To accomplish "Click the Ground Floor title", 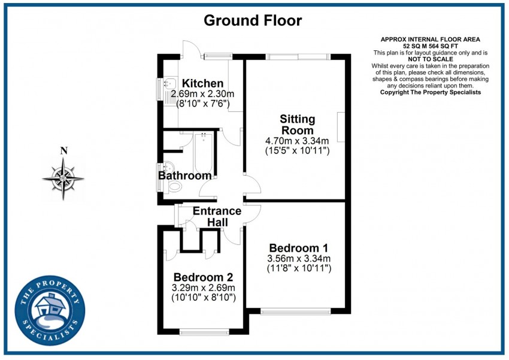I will pyautogui.click(x=253, y=20).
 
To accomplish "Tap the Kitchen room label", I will pyautogui.click(x=202, y=83).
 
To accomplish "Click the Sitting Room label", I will pyautogui.click(x=297, y=125).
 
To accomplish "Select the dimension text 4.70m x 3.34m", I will pyautogui.click(x=297, y=141).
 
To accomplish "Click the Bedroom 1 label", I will pyautogui.click(x=298, y=248).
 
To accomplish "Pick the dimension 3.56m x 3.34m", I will pyautogui.click(x=298, y=259).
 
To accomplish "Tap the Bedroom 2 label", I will pyautogui.click(x=203, y=277).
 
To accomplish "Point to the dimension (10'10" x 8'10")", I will pyautogui.click(x=203, y=297).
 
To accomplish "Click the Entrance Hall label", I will pyautogui.click(x=217, y=217).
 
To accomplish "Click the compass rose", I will pyautogui.click(x=63, y=178).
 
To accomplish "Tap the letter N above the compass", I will pyautogui.click(x=63, y=151).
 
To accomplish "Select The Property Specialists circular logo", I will pyautogui.click(x=50, y=308).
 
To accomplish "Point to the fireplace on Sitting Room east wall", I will pyautogui.click(x=341, y=127).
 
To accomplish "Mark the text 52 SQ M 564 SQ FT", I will pyautogui.click(x=430, y=46).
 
